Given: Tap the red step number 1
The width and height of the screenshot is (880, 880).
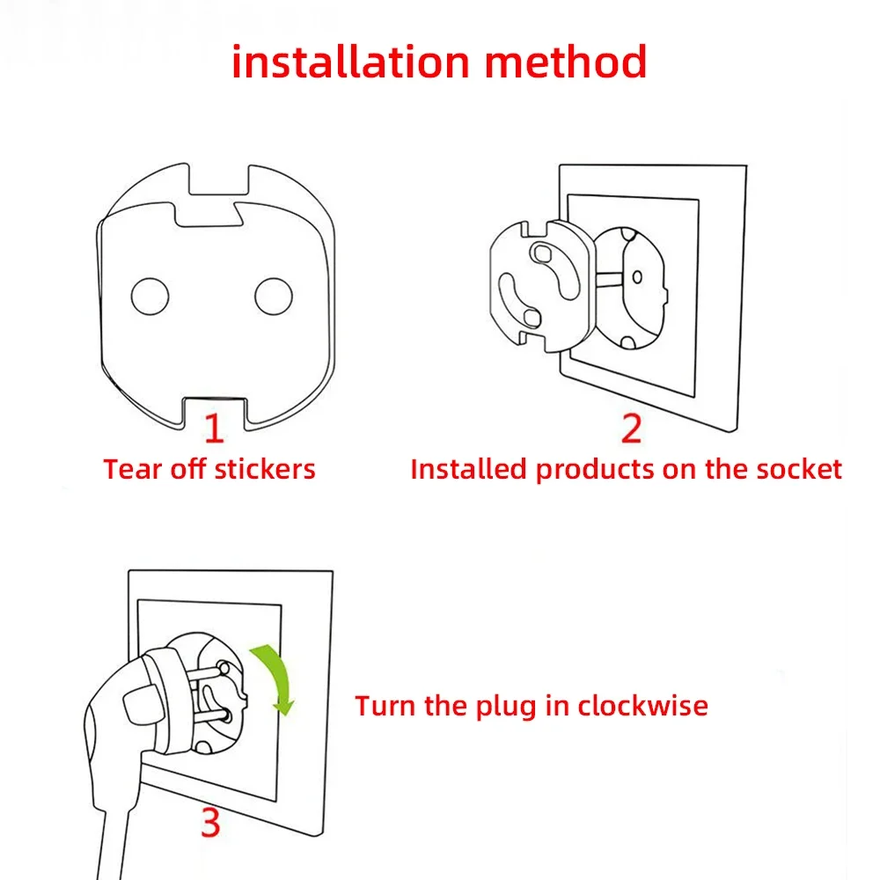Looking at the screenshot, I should pyautogui.click(x=214, y=428).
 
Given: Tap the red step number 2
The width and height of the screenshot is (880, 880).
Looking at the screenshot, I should pyautogui.click(x=631, y=428).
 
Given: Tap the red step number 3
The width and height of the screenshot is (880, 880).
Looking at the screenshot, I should pyautogui.click(x=209, y=824).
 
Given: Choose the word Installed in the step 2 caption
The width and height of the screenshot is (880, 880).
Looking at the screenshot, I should pyautogui.click(x=470, y=469).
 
